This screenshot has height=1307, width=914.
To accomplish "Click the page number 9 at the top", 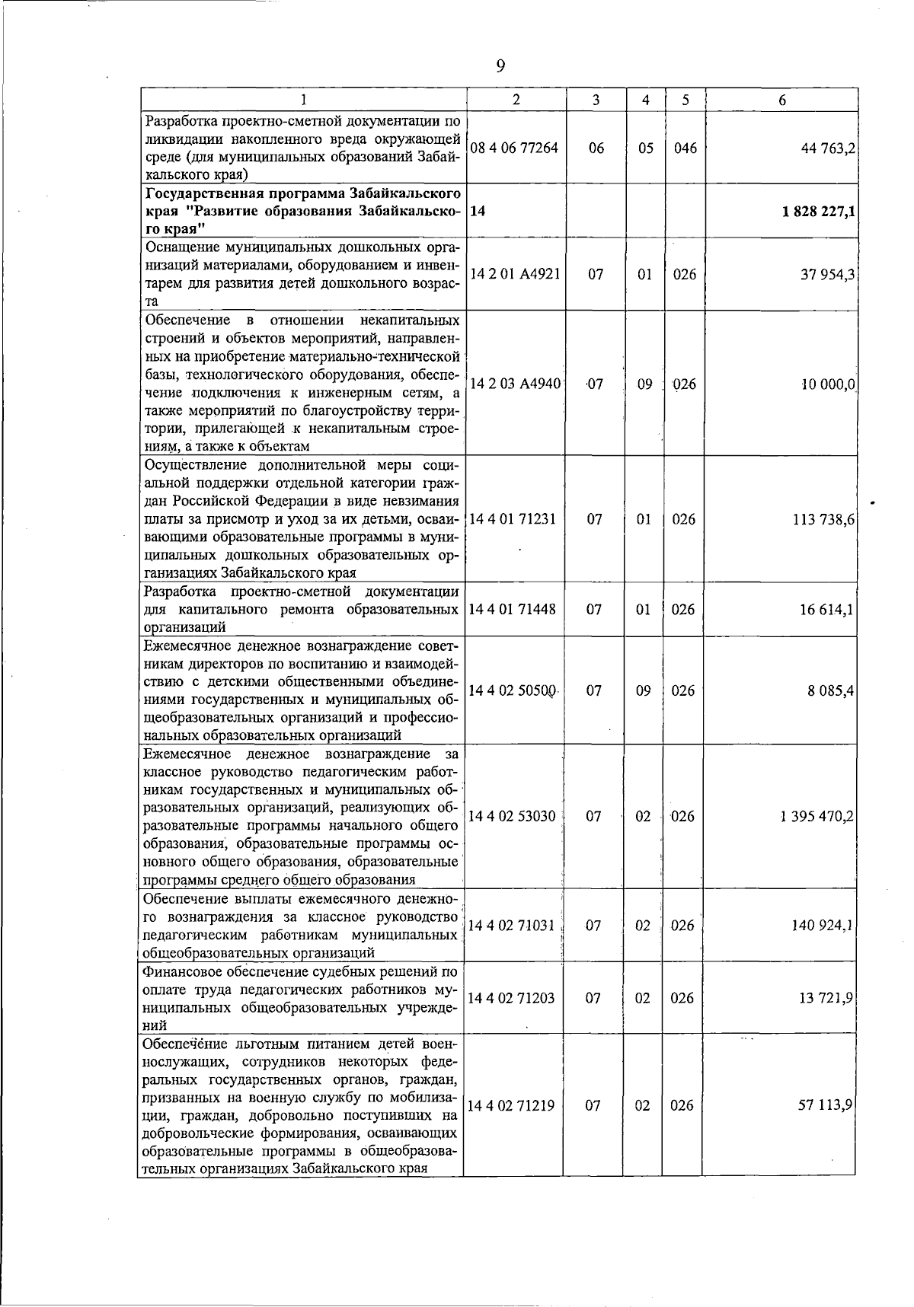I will pos(500,67).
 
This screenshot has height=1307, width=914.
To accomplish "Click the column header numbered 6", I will pos(781,100).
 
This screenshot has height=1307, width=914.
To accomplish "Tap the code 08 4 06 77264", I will pos(515,148).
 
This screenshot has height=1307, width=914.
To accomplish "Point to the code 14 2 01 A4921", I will pos(515,275).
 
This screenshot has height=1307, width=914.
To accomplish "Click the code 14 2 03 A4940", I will pos(516,384).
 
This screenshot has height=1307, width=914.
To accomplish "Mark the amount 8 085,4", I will pos(831,691).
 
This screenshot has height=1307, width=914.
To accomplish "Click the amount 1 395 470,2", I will pos(817,817).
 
